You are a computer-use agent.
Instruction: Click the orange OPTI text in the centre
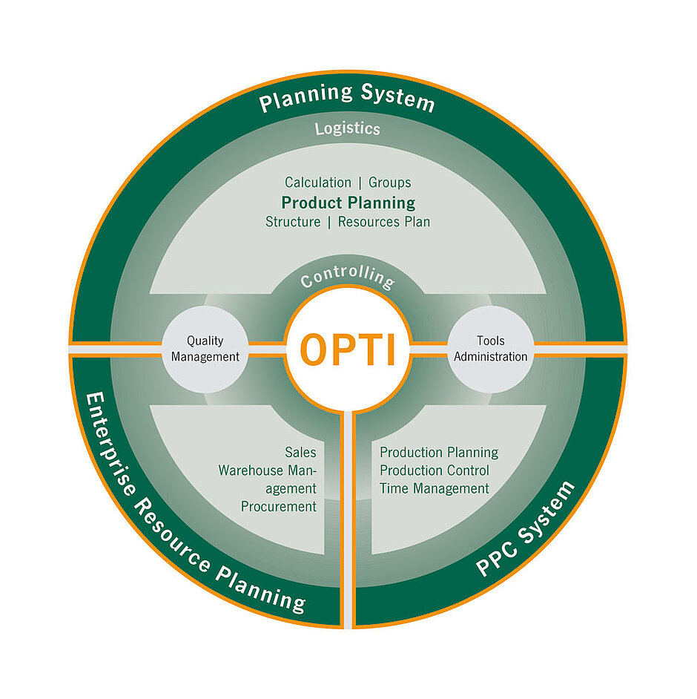click(347, 349)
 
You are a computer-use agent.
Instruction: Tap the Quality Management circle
click(205, 348)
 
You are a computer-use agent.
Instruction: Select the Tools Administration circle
click(490, 348)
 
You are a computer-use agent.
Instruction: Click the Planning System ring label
click(347, 98)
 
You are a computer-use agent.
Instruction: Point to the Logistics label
click(347, 128)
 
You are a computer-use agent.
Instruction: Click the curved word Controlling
click(347, 278)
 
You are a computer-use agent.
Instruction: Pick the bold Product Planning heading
click(348, 203)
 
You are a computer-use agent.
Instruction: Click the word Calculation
click(317, 183)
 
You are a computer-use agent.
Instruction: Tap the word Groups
click(389, 183)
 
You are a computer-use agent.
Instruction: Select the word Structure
click(293, 222)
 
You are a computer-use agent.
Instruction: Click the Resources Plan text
click(383, 222)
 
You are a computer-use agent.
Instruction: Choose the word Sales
click(300, 452)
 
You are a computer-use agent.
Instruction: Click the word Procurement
click(278, 507)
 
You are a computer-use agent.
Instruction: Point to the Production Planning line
click(439, 452)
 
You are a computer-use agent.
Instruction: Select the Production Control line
click(435, 470)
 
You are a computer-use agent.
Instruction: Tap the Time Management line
click(435, 489)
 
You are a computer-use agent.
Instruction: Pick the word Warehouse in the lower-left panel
click(248, 470)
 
